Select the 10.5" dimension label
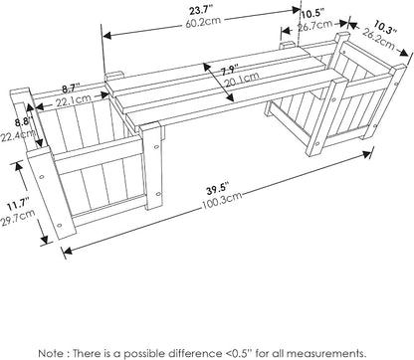[x=312, y=14]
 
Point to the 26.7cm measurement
[x=314, y=25]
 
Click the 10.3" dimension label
[x=385, y=27]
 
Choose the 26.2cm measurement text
[x=378, y=39]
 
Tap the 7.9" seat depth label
[x=230, y=71]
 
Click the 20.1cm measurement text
[x=242, y=79]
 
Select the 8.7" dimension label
[x=71, y=89]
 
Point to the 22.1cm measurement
[x=73, y=98]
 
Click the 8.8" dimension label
[x=23, y=122]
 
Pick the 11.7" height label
[x=19, y=204]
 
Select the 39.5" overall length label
[x=218, y=189]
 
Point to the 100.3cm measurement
[x=222, y=201]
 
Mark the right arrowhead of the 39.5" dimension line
[x=367, y=153]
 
